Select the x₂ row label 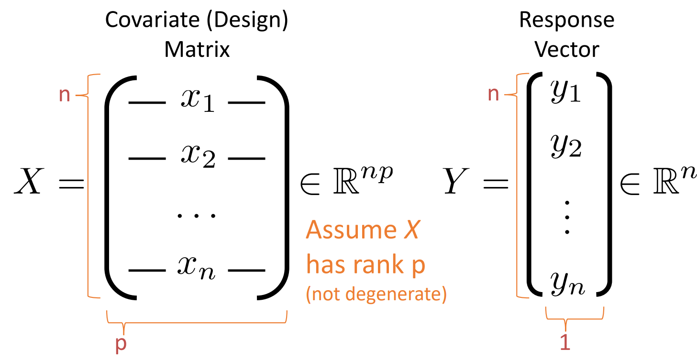click(x=197, y=155)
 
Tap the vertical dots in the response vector click(x=567, y=218)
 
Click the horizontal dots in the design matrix click(x=197, y=215)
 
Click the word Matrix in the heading click(x=197, y=50)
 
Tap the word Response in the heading click(x=566, y=21)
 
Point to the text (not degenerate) click(x=376, y=294)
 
